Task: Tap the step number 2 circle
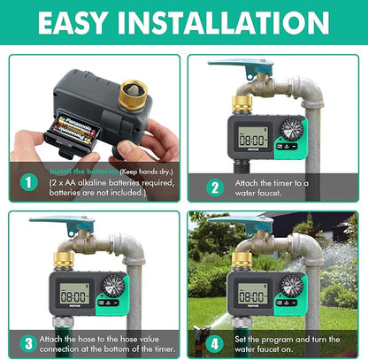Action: [x=215, y=186]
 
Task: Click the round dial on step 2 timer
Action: [x=292, y=128]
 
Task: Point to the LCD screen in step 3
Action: [x=72, y=292]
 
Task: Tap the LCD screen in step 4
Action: [x=254, y=292]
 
